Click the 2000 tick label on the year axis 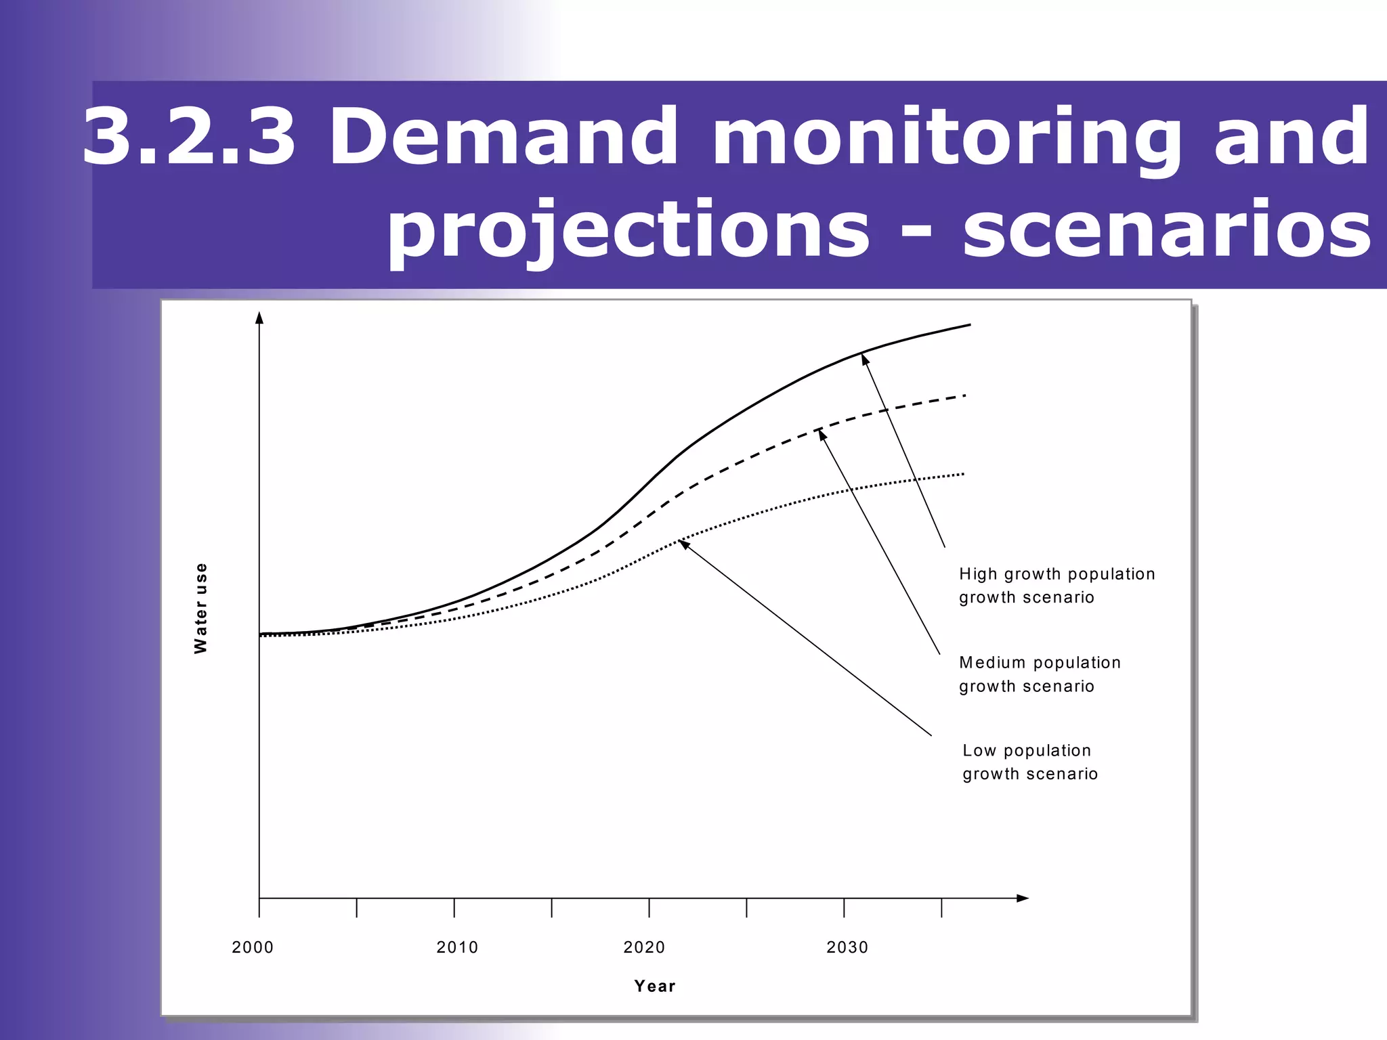pyautogui.click(x=253, y=947)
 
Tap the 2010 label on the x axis pyautogui.click(x=457, y=947)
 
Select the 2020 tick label pyautogui.click(x=644, y=947)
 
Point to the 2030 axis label pyautogui.click(x=847, y=947)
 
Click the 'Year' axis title pyautogui.click(x=655, y=986)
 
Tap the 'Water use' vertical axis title pyautogui.click(x=200, y=608)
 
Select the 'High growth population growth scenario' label pyautogui.click(x=1057, y=586)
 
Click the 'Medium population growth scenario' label pyautogui.click(x=1040, y=674)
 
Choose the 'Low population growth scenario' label pyautogui.click(x=1029, y=762)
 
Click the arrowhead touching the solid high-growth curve pyautogui.click(x=865, y=359)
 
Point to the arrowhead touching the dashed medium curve pyautogui.click(x=822, y=435)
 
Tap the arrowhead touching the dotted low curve pyautogui.click(x=684, y=544)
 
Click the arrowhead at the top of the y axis pyautogui.click(x=259, y=318)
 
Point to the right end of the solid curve pyautogui.click(x=969, y=325)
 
